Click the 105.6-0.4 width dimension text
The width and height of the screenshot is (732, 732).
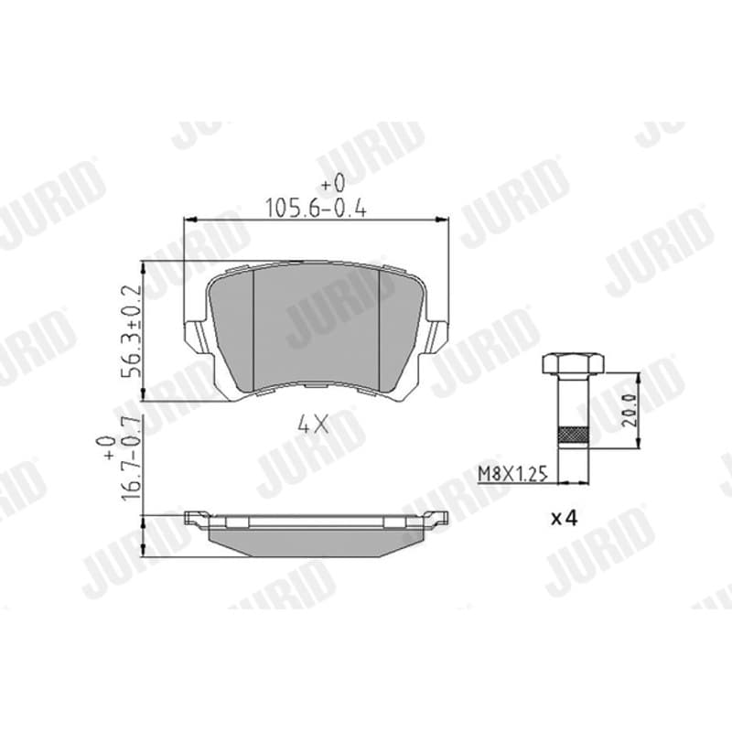click(316, 209)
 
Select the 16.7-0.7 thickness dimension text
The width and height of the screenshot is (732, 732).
click(131, 460)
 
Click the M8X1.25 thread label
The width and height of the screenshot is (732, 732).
click(512, 474)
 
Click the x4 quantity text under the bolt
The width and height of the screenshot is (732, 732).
click(564, 518)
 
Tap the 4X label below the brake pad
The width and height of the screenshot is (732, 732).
click(313, 425)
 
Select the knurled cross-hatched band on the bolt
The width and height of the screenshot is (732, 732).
click(573, 436)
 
